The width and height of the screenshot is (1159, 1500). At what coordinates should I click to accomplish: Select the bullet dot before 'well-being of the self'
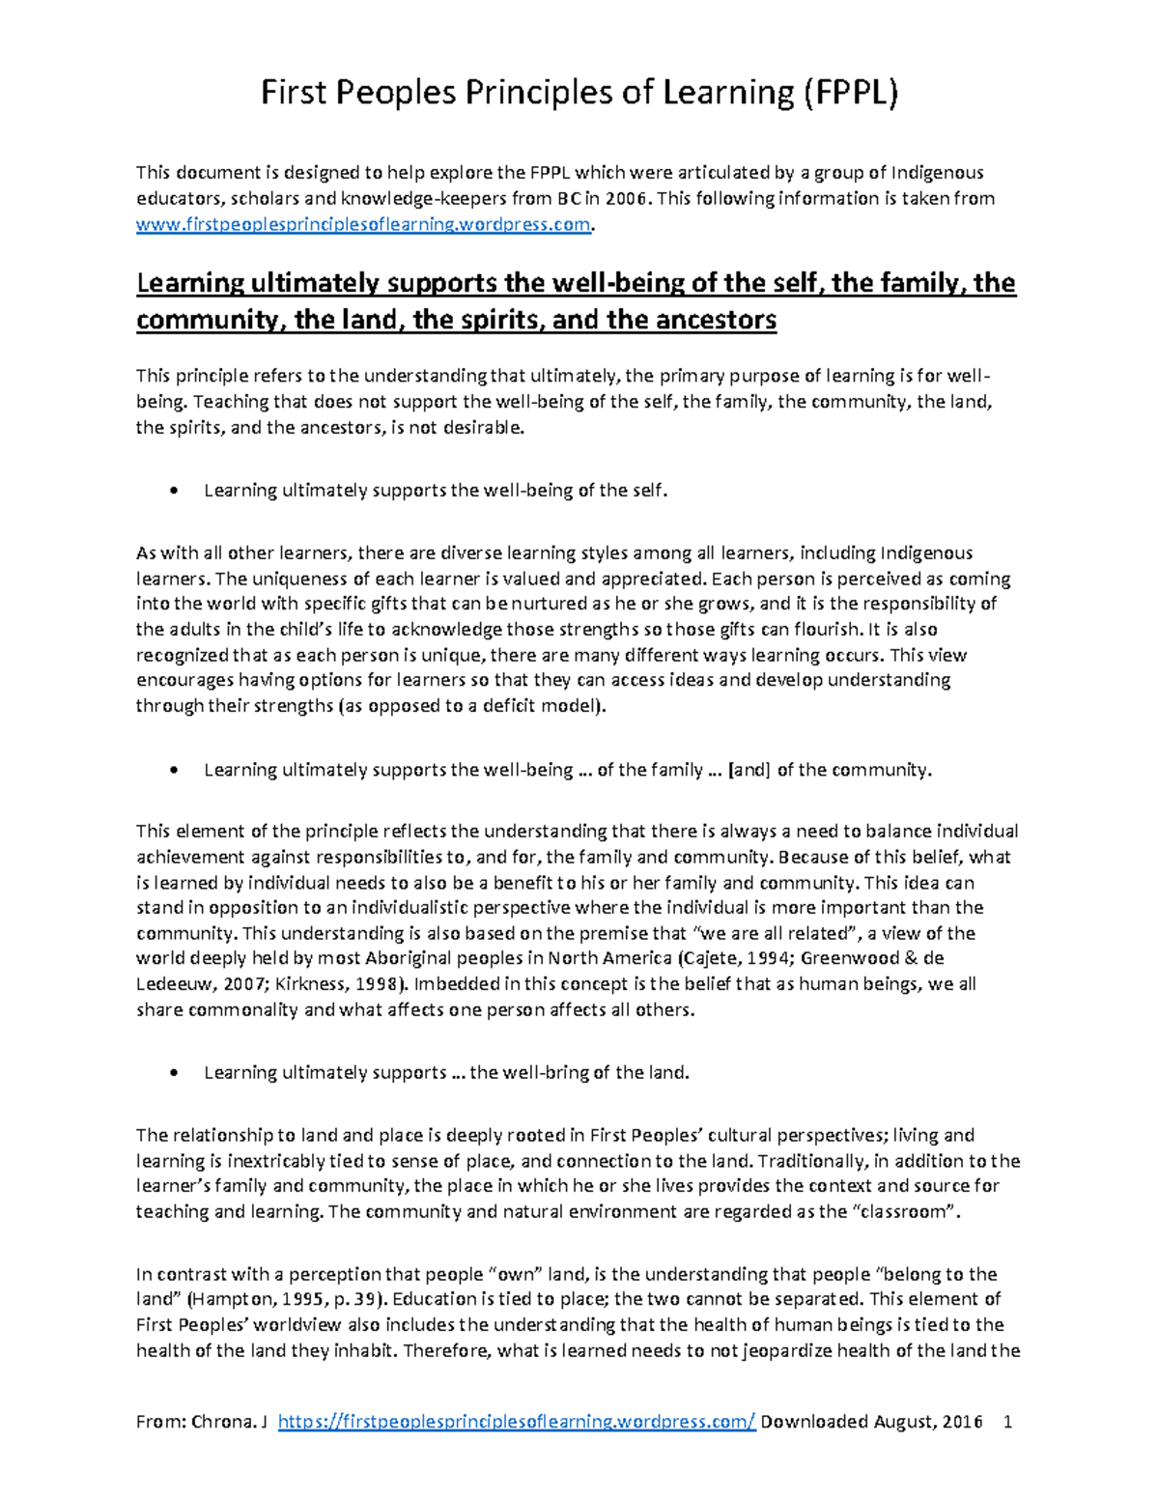(173, 491)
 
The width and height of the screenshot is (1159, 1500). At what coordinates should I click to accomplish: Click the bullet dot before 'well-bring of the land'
(173, 1073)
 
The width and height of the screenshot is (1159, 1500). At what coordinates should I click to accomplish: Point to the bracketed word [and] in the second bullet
(749, 770)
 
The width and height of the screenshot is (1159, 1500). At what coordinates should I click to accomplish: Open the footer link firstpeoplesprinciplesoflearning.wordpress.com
(517, 1422)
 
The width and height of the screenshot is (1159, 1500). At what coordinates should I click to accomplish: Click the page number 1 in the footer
(1008, 1422)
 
